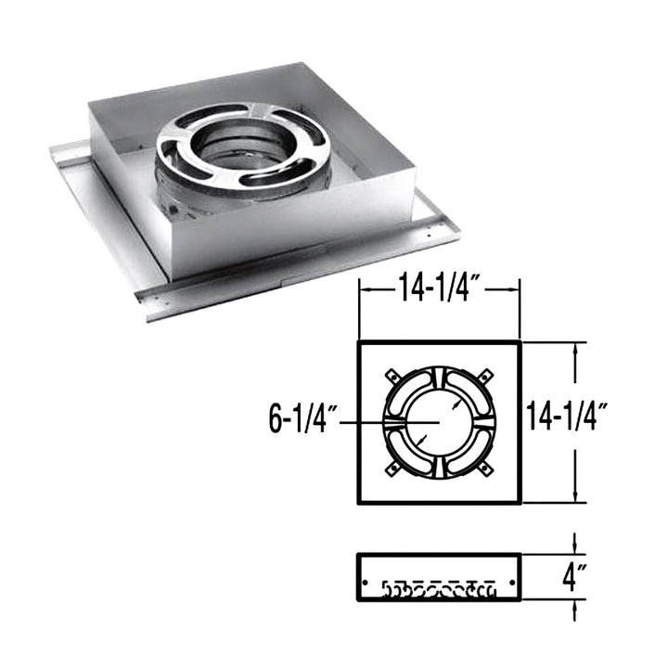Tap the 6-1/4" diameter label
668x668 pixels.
300,421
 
